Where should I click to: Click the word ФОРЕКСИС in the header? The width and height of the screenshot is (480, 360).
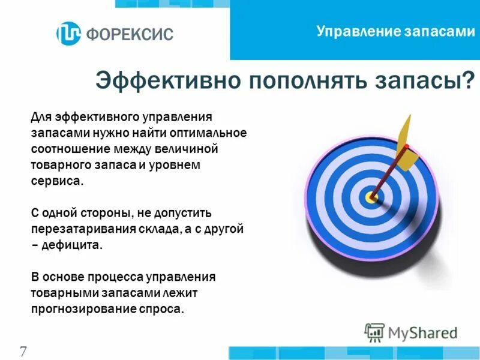coord(130,34)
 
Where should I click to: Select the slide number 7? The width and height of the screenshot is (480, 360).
coord(23,351)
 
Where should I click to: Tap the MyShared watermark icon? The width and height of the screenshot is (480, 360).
coord(374,332)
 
